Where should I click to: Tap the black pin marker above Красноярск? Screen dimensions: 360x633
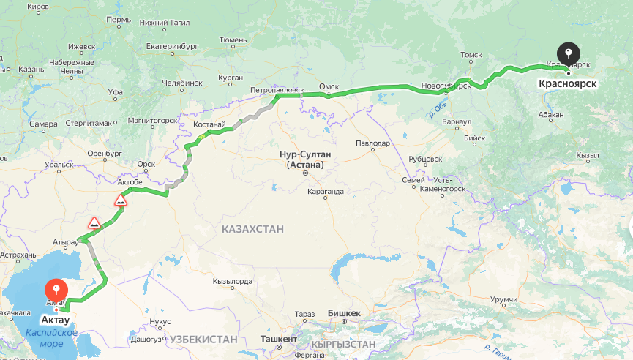pyautogui.click(x=568, y=54)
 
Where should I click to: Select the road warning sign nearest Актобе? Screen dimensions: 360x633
pyautogui.click(x=121, y=200)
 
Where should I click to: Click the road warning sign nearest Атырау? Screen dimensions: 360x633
pyautogui.click(x=94, y=222)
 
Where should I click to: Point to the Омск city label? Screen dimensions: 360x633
pyautogui.click(x=329, y=87)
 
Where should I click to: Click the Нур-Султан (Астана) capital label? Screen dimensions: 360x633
pyautogui.click(x=305, y=160)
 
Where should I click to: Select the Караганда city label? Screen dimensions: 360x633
pyautogui.click(x=325, y=192)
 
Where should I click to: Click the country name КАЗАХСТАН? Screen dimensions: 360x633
pyautogui.click(x=252, y=230)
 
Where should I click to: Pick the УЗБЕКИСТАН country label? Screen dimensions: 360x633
pyautogui.click(x=204, y=340)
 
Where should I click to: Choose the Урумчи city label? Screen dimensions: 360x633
pyautogui.click(x=503, y=299)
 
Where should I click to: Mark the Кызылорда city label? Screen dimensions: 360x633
pyautogui.click(x=232, y=281)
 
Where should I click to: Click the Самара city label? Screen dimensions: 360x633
pyautogui.click(x=43, y=124)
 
